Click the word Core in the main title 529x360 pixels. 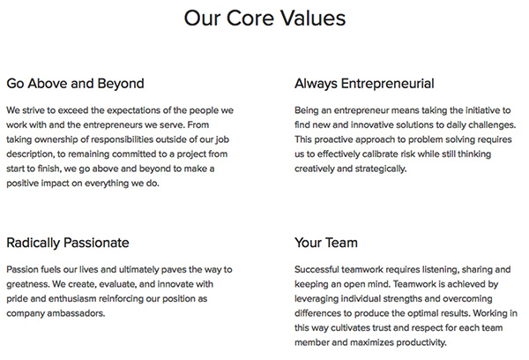250,18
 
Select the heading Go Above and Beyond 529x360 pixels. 75,84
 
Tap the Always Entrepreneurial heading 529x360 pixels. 364,84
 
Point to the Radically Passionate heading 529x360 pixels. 68,244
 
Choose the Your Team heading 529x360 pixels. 326,243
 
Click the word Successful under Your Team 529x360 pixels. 317,269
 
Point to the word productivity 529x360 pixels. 421,342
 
